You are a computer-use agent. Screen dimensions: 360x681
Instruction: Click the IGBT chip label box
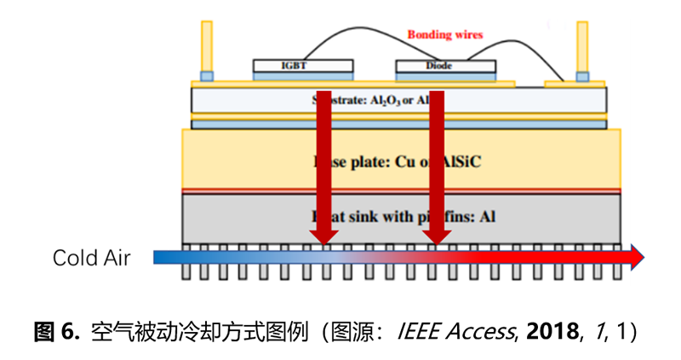click(x=303, y=66)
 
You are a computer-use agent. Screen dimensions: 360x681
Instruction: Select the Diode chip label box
click(x=444, y=66)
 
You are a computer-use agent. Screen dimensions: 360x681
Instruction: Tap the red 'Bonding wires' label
click(x=444, y=35)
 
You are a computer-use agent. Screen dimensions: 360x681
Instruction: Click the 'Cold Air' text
click(x=92, y=257)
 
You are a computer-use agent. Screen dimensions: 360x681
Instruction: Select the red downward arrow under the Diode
click(x=437, y=170)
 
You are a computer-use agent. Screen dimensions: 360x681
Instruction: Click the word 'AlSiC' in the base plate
click(x=459, y=161)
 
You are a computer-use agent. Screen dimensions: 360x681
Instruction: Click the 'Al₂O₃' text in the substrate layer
click(x=384, y=100)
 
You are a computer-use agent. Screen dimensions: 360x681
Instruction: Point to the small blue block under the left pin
click(x=206, y=77)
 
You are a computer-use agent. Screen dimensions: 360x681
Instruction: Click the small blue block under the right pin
click(x=582, y=77)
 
